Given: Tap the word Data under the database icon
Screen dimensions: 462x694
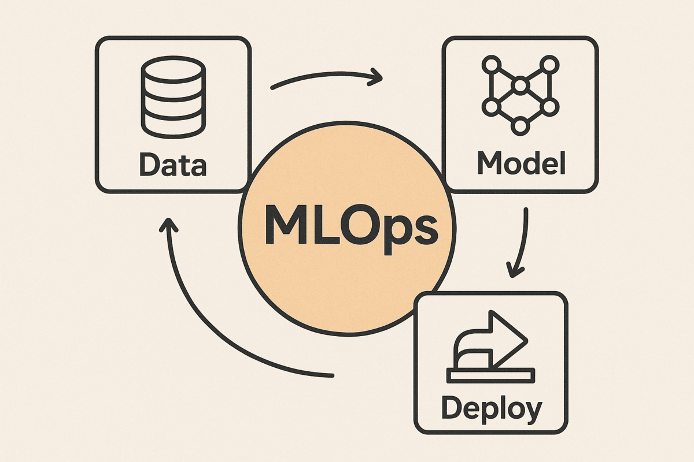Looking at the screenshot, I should (x=173, y=165).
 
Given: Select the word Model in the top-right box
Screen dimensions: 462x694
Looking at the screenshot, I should (x=520, y=165).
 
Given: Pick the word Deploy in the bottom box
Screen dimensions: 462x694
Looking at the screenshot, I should (x=492, y=409).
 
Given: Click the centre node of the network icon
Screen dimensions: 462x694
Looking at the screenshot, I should (x=520, y=86).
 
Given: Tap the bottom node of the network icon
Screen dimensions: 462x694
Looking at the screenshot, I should (x=520, y=125).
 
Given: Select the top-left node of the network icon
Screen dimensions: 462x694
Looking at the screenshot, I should (x=491, y=64).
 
